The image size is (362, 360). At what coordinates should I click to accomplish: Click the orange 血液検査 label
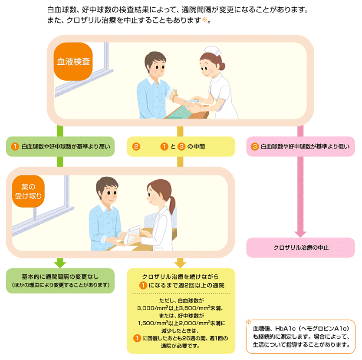[73, 61]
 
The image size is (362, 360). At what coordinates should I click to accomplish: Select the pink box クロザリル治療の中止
[301, 248]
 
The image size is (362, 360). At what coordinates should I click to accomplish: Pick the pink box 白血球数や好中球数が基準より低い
[300, 147]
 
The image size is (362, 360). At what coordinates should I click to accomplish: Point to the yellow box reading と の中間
[181, 147]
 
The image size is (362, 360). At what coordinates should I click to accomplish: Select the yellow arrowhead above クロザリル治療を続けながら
[181, 263]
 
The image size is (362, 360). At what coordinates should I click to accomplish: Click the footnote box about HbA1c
[300, 336]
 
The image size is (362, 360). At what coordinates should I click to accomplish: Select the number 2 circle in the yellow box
[136, 147]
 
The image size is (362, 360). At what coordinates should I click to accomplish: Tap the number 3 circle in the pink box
[255, 147]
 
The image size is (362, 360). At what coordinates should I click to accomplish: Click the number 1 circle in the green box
[15, 147]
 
